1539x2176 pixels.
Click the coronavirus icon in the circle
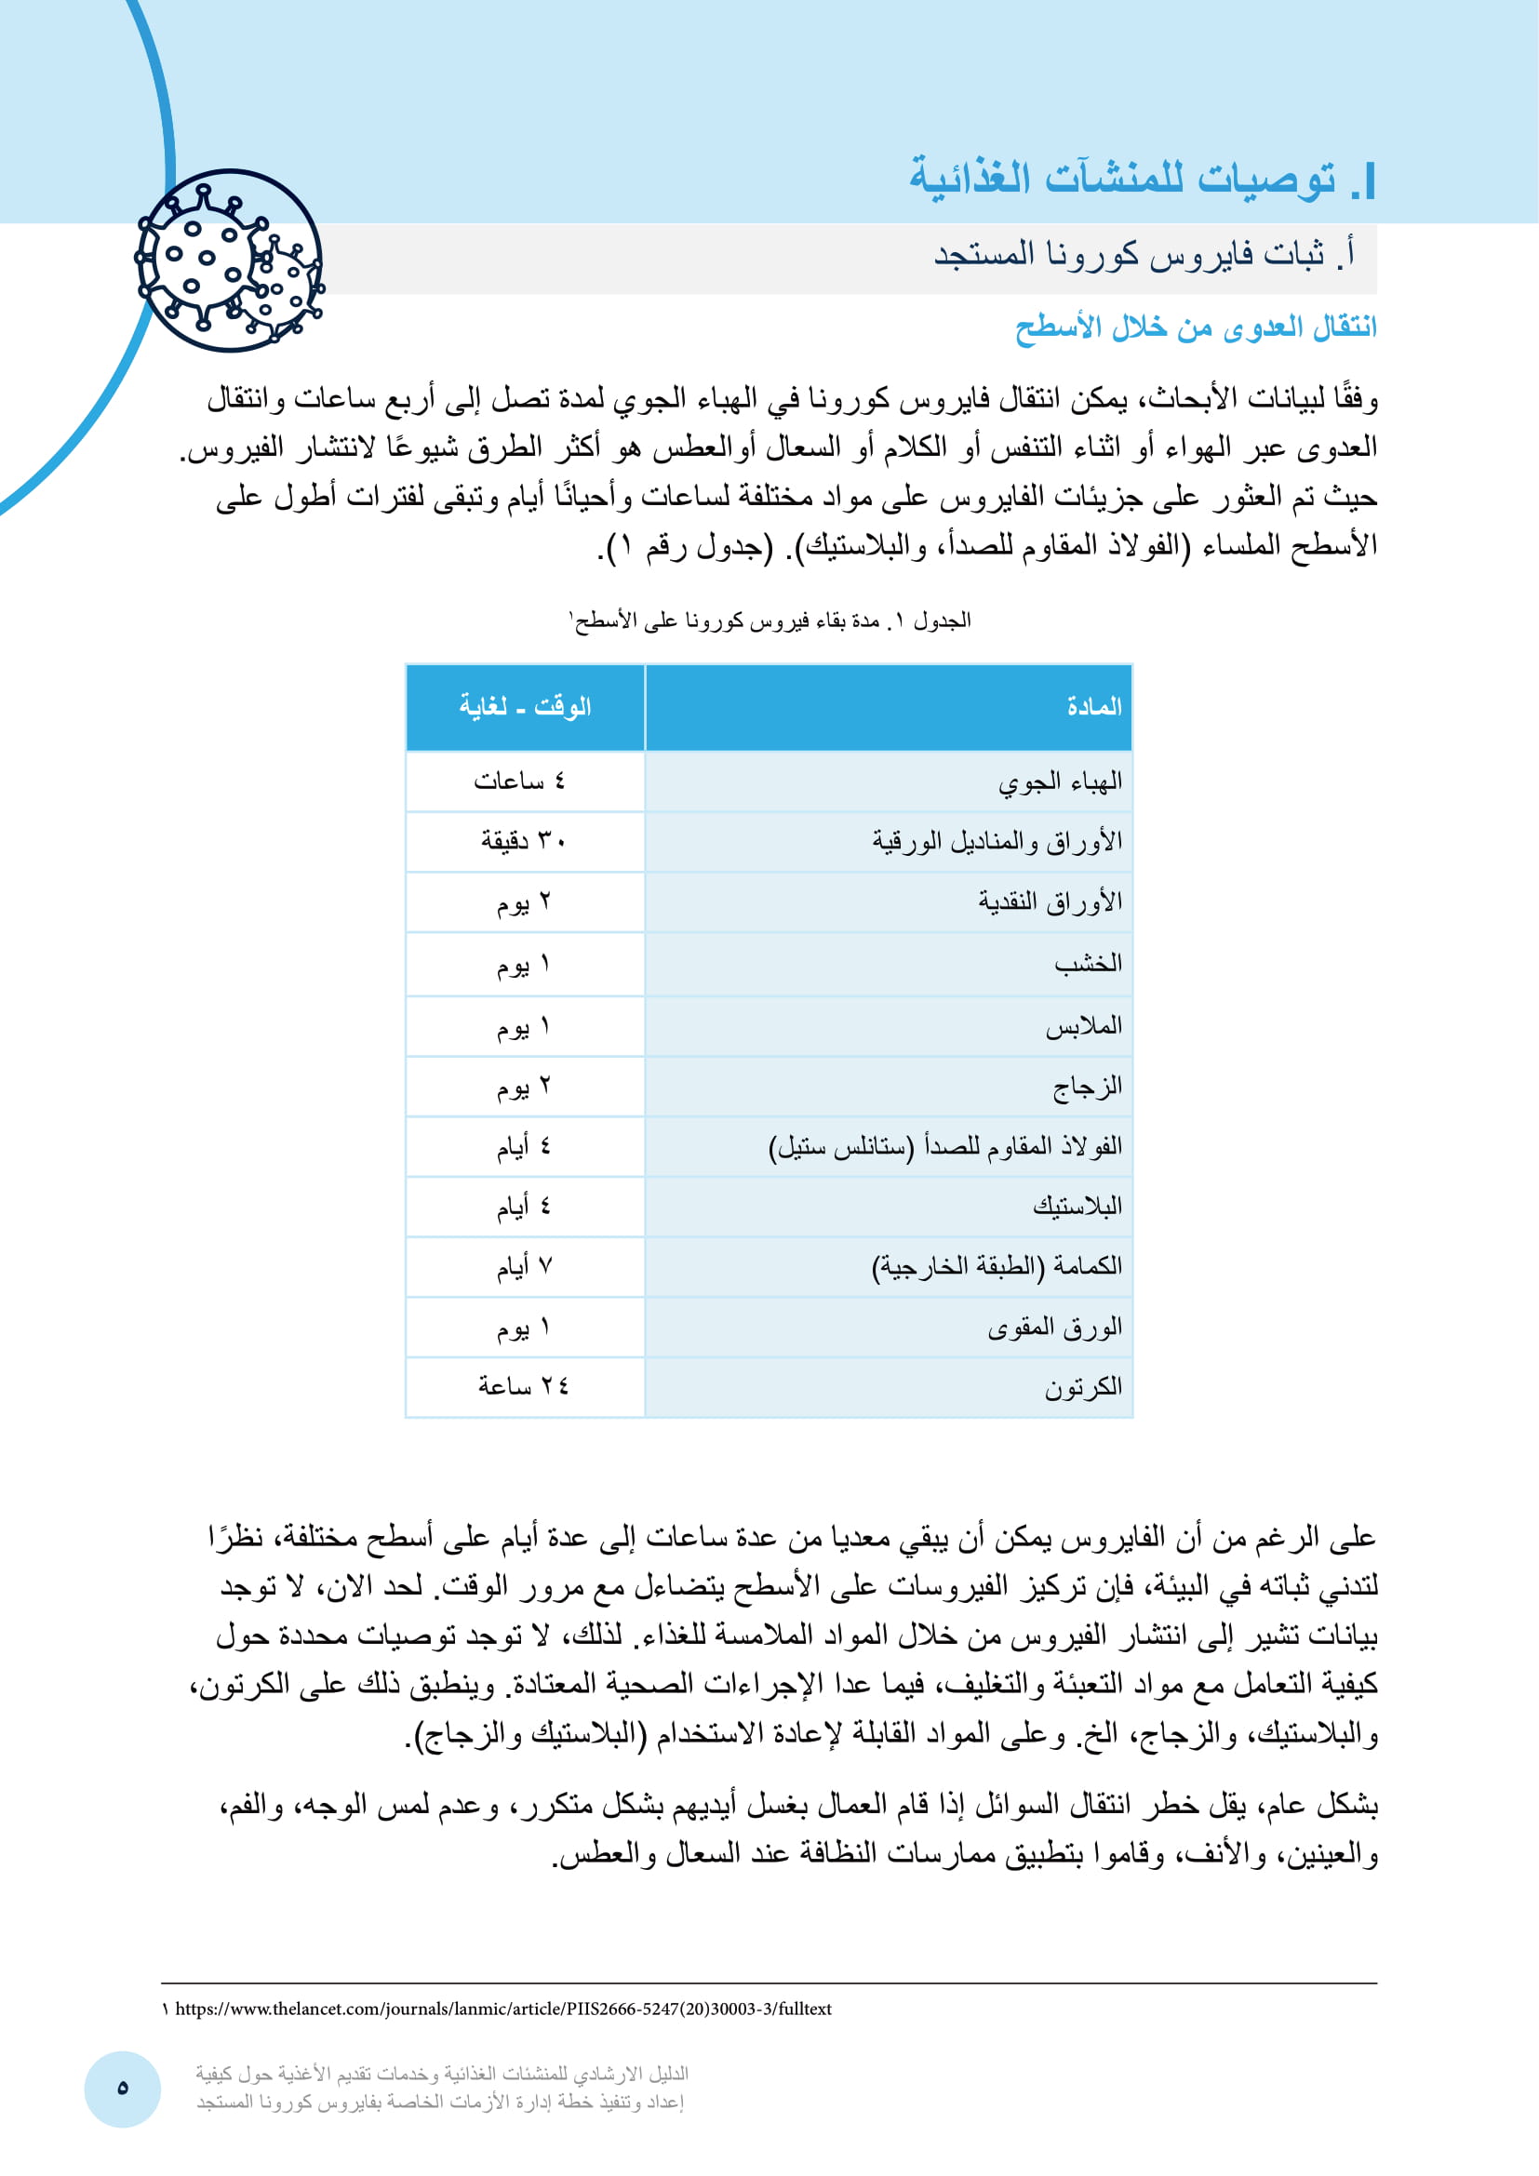(x=229, y=260)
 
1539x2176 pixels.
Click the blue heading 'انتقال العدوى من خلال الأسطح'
(x=1195, y=327)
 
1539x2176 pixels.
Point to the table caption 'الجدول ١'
(x=769, y=621)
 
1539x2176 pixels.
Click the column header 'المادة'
(x=1093, y=706)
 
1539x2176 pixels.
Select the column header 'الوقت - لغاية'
(x=525, y=706)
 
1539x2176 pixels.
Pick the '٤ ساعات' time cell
(x=519, y=781)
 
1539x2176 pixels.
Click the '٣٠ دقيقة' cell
(x=523, y=841)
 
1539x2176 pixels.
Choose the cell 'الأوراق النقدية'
(x=1050, y=901)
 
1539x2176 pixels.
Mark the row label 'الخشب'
(x=1088, y=963)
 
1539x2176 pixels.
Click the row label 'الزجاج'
(x=1087, y=1086)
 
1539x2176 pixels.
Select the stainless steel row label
(x=944, y=1147)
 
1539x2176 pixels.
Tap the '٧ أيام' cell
(x=524, y=1266)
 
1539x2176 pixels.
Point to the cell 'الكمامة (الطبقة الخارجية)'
(x=997, y=1266)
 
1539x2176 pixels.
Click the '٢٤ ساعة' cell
(x=523, y=1386)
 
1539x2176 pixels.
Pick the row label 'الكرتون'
(x=1083, y=1387)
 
